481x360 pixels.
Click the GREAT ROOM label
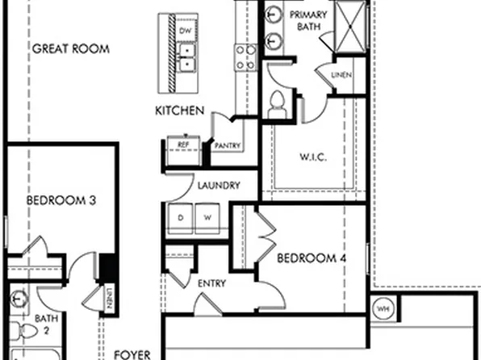click(x=70, y=48)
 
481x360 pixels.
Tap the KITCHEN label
click(x=180, y=111)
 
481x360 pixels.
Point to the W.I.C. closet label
click(x=312, y=157)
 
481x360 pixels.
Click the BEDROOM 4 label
click(x=311, y=258)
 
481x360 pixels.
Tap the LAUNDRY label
click(x=218, y=186)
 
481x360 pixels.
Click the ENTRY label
click(x=212, y=283)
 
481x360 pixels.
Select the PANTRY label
click(x=227, y=145)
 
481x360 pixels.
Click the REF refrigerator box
click(x=183, y=144)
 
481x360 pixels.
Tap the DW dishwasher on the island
click(x=185, y=31)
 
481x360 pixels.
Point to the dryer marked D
click(x=181, y=218)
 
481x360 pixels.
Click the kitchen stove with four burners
click(x=245, y=57)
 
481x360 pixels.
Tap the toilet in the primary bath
click(x=278, y=101)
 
